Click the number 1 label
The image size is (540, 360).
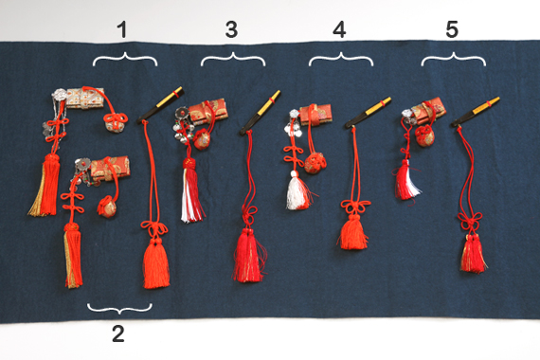122,29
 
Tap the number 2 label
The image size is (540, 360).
118,333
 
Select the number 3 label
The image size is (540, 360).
231,29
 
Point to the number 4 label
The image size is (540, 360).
339,29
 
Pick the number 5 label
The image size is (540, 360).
452,29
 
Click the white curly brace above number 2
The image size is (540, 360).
119,308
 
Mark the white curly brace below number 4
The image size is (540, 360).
341,60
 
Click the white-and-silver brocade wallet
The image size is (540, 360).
85,98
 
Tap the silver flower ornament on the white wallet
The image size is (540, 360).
60,94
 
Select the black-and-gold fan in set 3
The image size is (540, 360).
261,113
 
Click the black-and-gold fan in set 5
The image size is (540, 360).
476,111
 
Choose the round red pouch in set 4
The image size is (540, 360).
315,163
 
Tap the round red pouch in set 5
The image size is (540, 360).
424,135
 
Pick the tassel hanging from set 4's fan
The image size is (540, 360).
353,231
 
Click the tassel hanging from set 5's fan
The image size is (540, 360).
473,253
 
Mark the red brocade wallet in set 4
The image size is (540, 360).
315,115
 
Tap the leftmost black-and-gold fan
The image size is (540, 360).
160,105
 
